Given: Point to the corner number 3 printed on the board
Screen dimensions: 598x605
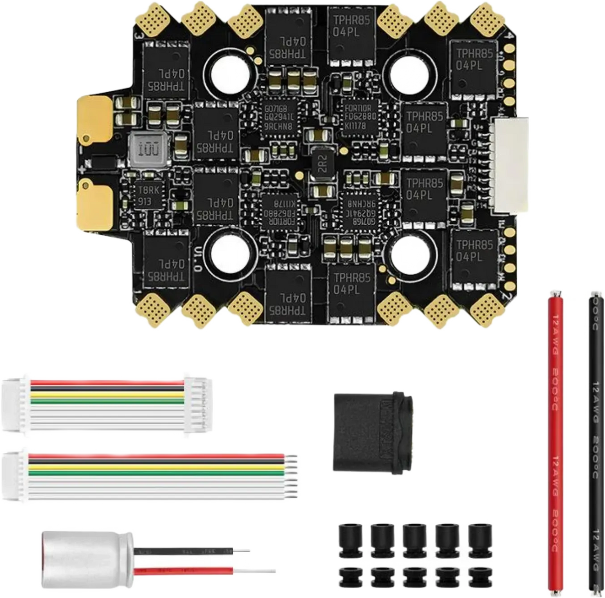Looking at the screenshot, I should (138, 36).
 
